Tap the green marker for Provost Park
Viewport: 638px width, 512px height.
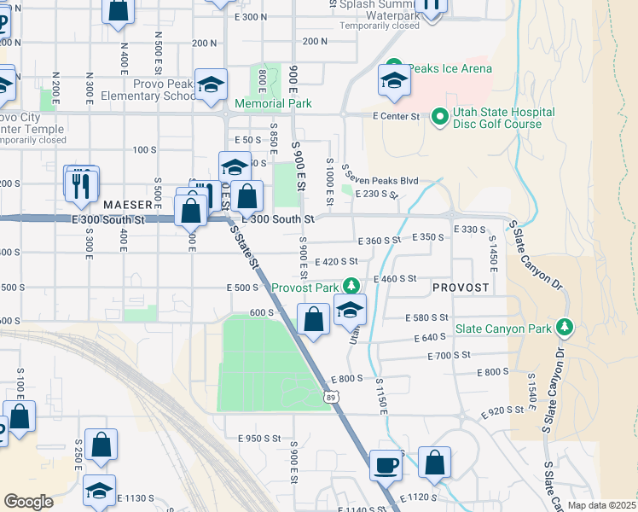point(349,286)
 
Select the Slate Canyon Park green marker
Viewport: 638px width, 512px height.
point(564,328)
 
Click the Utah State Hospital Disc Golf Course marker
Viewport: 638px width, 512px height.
point(440,116)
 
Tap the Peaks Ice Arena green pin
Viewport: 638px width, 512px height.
point(394,67)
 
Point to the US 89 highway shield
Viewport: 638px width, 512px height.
point(331,397)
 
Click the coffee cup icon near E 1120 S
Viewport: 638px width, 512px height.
point(386,464)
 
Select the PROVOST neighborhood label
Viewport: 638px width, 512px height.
point(461,288)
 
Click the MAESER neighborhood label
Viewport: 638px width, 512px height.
point(128,206)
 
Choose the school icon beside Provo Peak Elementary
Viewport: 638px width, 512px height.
point(211,85)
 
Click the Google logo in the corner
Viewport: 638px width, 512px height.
point(28,501)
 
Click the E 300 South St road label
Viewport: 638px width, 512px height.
point(279,219)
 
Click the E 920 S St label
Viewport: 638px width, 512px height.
point(502,410)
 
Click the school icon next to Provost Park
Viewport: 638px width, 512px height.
point(350,311)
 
